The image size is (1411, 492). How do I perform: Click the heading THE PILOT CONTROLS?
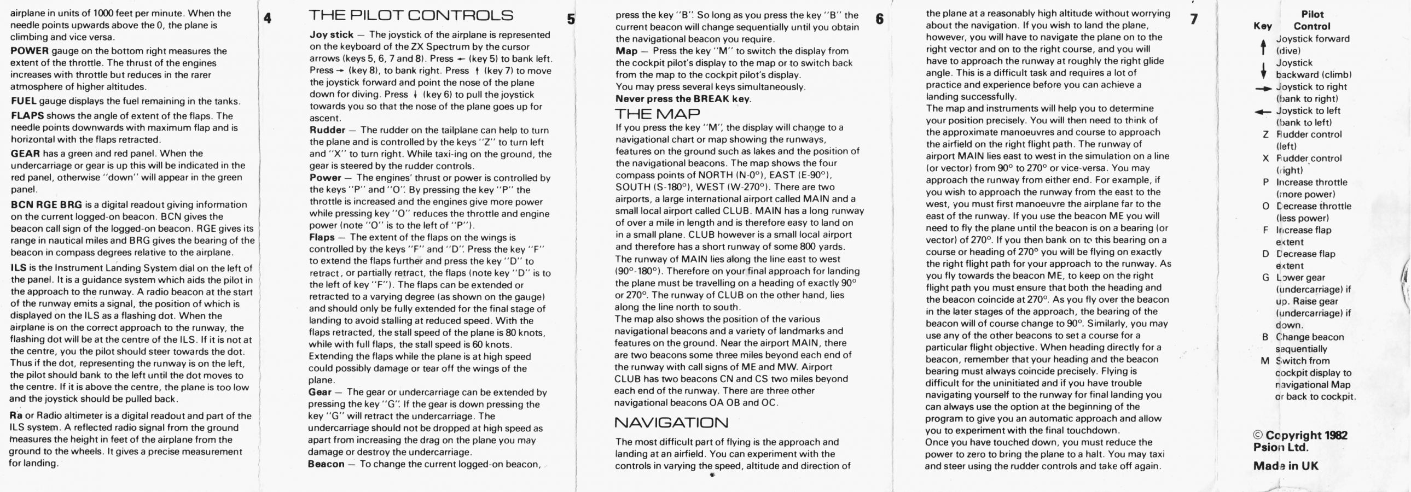[x=411, y=15]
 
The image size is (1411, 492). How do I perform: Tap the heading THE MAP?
[x=657, y=114]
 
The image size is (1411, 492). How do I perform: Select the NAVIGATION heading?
[x=671, y=423]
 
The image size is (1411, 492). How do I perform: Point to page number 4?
[x=268, y=19]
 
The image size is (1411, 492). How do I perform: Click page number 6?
[x=880, y=19]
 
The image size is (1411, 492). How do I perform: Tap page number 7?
[x=1194, y=19]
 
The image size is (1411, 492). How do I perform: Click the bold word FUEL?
[x=24, y=101]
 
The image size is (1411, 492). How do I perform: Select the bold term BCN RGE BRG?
[x=47, y=204]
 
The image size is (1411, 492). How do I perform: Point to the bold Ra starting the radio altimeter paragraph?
[x=16, y=415]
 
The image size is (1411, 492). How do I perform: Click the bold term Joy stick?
[x=332, y=34]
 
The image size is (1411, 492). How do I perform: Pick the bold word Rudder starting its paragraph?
[x=327, y=130]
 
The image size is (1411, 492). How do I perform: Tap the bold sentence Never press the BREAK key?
[x=683, y=99]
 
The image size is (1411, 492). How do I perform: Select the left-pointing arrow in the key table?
[x=1263, y=112]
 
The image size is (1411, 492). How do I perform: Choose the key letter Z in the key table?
[x=1266, y=134]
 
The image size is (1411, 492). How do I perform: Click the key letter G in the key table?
[x=1266, y=278]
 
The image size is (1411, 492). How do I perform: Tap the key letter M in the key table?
[x=1265, y=361]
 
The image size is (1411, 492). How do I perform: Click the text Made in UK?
[x=1286, y=466]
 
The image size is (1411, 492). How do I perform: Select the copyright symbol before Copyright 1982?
[x=1258, y=436]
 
